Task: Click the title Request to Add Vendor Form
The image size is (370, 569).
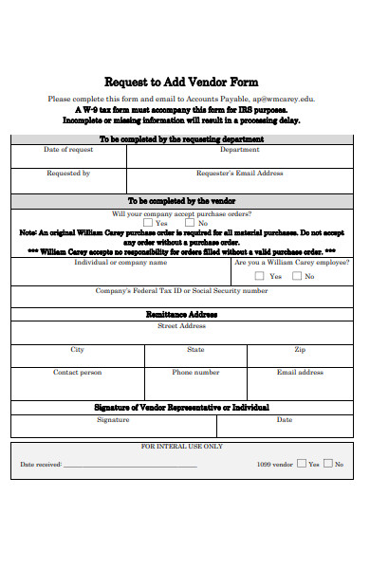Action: pos(180,82)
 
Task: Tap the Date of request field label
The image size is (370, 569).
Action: pos(68,150)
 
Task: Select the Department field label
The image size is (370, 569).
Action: pos(240,150)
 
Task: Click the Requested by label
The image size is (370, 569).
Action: pos(68,174)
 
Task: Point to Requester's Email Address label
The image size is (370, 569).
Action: pos(240,174)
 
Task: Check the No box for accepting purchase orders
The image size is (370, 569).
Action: pos(191,224)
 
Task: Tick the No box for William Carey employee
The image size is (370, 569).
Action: pos(297,276)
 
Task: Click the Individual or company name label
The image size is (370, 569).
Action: pos(120,263)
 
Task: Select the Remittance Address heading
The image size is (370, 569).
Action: pos(181,314)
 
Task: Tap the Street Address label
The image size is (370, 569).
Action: pos(181,326)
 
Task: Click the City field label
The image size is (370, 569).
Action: pos(77,350)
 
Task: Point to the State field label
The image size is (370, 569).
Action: pos(195,350)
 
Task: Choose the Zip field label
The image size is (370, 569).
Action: pos(300,350)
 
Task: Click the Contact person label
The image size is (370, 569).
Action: pos(77,373)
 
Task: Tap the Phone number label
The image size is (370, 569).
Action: pos(195,373)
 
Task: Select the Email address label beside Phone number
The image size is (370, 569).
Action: pos(300,373)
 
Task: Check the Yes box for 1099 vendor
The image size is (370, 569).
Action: pos(302,464)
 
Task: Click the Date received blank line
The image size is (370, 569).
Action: pos(130,466)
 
